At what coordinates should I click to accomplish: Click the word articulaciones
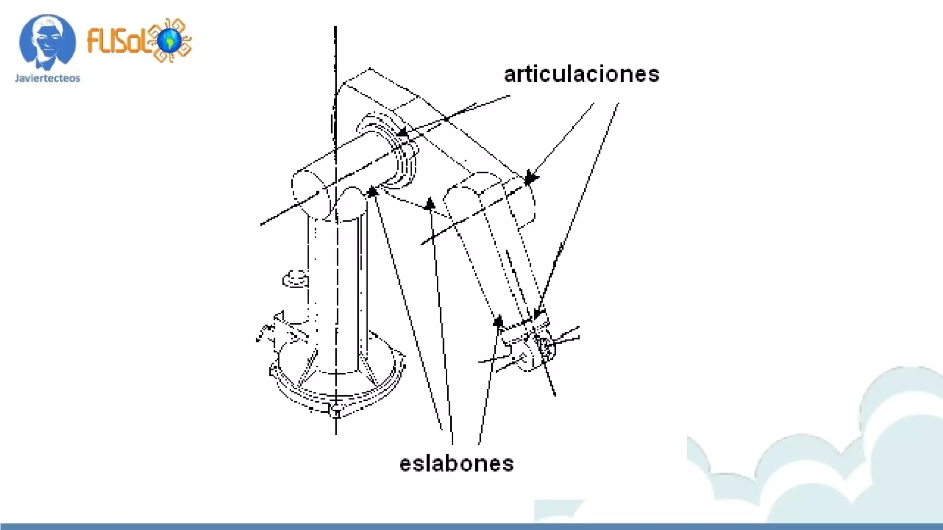tap(581, 75)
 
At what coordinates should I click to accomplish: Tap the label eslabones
tap(456, 464)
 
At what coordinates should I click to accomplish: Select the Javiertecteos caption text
tap(47, 78)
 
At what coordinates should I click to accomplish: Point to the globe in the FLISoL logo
tap(169, 40)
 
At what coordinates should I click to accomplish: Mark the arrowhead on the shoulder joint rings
tap(402, 132)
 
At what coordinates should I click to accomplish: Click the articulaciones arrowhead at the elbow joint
tap(530, 178)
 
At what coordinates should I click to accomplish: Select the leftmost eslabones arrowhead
tap(373, 190)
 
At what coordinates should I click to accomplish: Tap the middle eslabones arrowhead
tap(430, 204)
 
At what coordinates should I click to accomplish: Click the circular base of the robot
tap(336, 382)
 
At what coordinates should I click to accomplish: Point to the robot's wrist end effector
tap(534, 350)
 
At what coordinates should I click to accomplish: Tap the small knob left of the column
tap(295, 278)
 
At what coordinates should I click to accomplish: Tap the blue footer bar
tap(471, 526)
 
